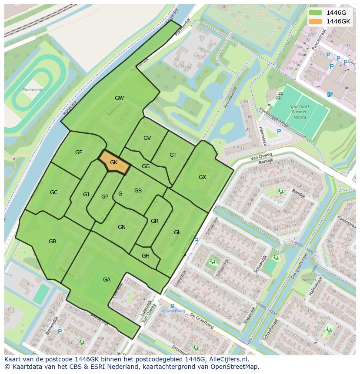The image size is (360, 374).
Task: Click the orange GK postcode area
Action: tap(114, 162)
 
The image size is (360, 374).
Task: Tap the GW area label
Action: tap(119, 98)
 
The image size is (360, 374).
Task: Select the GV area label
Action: tap(147, 138)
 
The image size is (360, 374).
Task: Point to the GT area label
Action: tap(173, 155)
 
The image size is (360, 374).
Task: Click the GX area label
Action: tap(202, 177)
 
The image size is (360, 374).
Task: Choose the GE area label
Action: tap(79, 152)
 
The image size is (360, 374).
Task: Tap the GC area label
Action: tap(53, 192)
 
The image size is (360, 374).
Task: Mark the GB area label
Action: tap(52, 242)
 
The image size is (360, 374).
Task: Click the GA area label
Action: tap(107, 280)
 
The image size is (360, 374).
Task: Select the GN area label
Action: tap(122, 227)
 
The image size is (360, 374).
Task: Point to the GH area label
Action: tap(145, 256)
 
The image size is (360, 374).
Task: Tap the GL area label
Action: tap(177, 232)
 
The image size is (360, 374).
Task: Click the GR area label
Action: tap(154, 221)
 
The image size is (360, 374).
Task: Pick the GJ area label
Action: tap(86, 195)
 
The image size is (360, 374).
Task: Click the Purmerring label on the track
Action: tap(32, 90)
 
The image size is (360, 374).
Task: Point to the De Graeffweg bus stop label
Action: tap(173, 311)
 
